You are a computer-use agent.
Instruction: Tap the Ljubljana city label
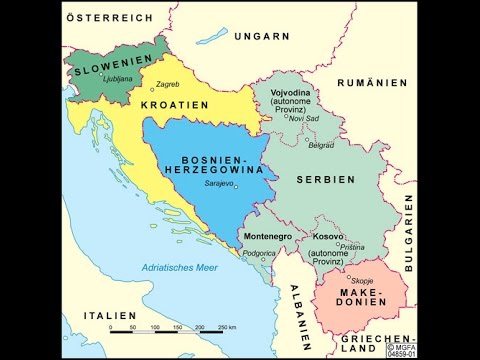click(117, 78)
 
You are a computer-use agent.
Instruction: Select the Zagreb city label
click(168, 85)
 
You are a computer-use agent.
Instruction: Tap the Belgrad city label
click(321, 145)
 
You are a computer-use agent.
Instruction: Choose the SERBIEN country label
click(326, 179)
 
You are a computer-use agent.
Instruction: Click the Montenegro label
click(269, 236)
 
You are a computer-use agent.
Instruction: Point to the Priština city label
click(352, 246)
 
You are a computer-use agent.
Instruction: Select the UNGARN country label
click(262, 35)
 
